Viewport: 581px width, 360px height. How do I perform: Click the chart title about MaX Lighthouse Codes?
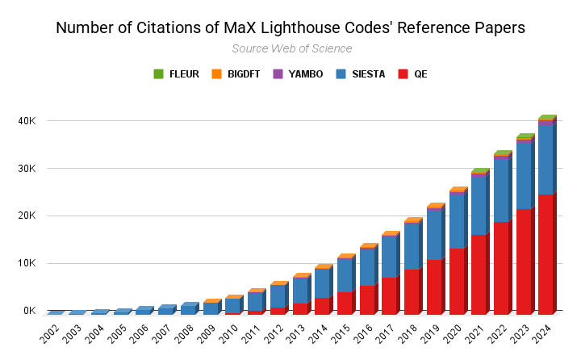pos(290,27)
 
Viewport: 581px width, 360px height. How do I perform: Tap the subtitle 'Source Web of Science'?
pos(291,48)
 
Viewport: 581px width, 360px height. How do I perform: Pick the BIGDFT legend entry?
pos(237,74)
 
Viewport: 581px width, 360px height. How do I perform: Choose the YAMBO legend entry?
pos(299,74)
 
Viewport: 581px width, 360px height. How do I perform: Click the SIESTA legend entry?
pos(361,74)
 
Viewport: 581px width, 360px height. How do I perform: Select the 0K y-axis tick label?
pos(30,311)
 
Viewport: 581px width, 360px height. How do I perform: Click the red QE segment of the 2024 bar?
pos(546,254)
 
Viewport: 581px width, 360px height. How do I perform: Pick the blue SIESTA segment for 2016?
pos(367,267)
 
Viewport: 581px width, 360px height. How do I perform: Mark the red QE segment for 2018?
pos(412,291)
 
